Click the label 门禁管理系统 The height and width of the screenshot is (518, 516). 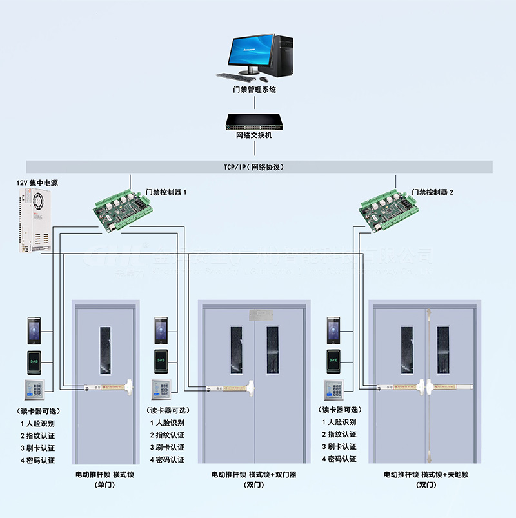(254, 90)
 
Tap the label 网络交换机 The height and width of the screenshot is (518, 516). (254, 136)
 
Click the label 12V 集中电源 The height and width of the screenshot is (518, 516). (37, 183)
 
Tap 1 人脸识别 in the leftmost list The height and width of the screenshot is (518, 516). (37, 423)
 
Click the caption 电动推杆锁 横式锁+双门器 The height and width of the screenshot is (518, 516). (253, 475)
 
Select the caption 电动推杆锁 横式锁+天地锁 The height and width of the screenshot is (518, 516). (426, 475)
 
